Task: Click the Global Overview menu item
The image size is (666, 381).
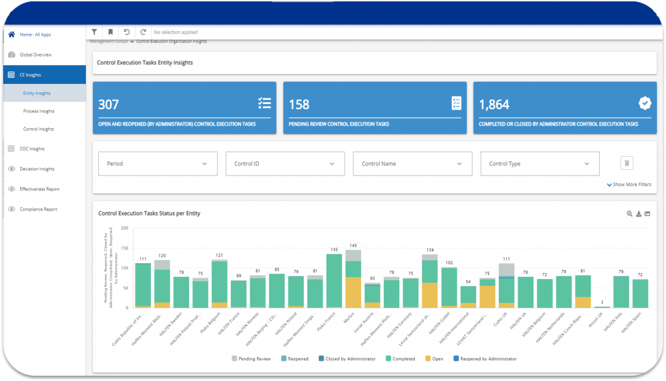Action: [x=35, y=55]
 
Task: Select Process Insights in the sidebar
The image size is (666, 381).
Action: [x=38, y=111]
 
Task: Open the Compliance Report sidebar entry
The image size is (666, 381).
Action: [x=38, y=209]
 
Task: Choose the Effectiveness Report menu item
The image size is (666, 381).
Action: [x=39, y=189]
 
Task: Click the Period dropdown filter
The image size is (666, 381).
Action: [x=157, y=164]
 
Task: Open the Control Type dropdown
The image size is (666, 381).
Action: [x=540, y=164]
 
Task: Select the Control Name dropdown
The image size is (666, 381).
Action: [x=412, y=164]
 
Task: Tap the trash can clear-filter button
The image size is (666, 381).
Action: [x=627, y=163]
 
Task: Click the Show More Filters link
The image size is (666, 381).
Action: [x=629, y=185]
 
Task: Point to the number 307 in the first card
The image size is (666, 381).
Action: [x=108, y=104]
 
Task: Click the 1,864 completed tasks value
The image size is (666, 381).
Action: [x=494, y=104]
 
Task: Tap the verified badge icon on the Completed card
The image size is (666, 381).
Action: [x=645, y=103]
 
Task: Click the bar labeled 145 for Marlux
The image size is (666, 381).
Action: [x=353, y=279]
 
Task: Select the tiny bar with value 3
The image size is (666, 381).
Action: [x=602, y=306]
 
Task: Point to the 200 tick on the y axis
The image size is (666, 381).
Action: [x=125, y=228]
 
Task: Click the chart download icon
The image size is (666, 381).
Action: [x=639, y=213]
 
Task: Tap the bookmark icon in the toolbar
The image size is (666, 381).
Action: [x=111, y=32]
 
